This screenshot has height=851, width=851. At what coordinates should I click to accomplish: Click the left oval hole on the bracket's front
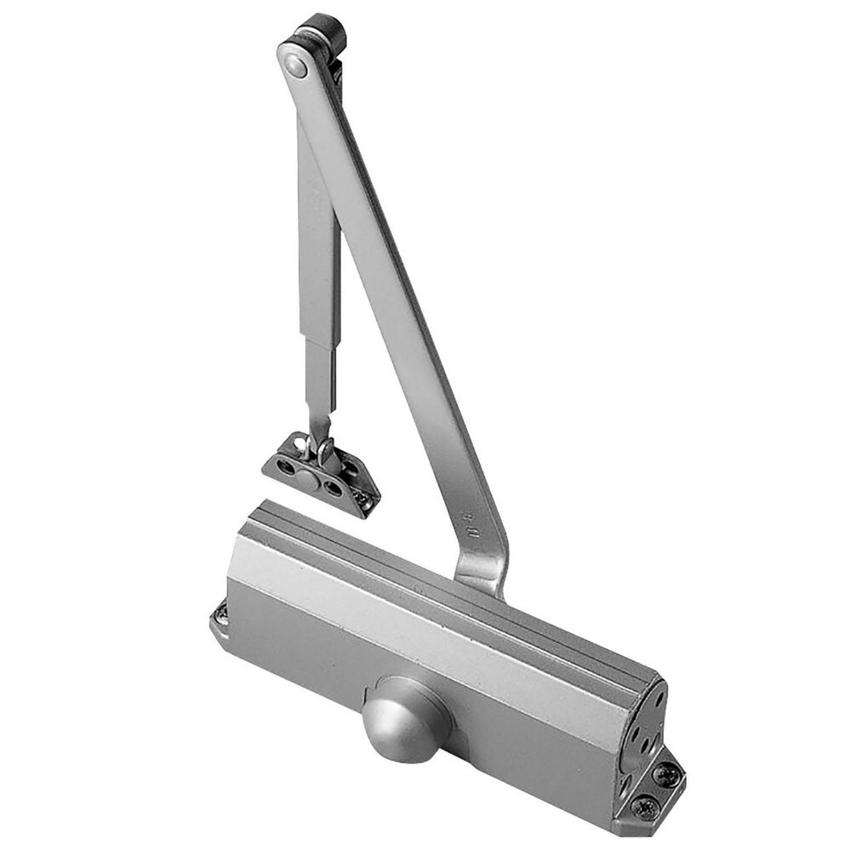tap(285, 467)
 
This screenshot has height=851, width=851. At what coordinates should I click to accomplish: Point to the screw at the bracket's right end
tap(365, 501)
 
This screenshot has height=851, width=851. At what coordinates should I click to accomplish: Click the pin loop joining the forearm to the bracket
tap(324, 449)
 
